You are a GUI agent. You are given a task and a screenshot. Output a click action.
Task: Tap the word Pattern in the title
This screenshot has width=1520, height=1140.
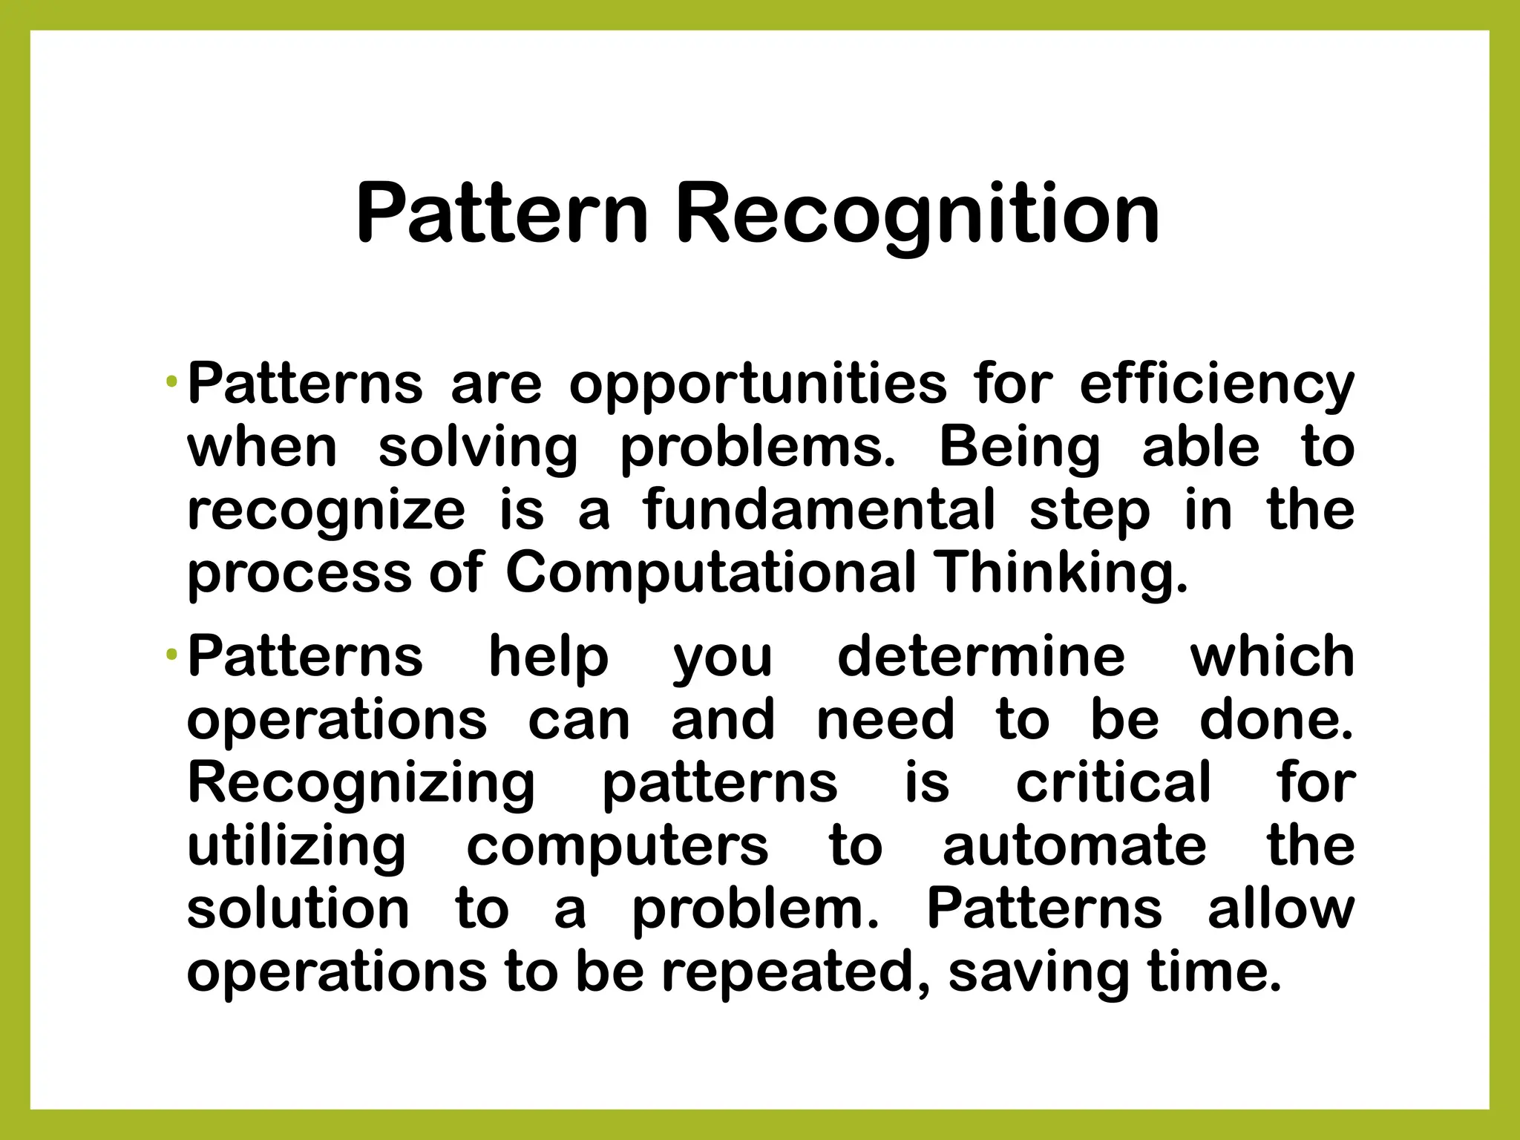point(502,215)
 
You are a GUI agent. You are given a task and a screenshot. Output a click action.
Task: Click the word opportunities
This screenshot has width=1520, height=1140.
point(758,386)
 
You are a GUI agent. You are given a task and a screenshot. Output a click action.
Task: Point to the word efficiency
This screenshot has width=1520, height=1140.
point(1216,386)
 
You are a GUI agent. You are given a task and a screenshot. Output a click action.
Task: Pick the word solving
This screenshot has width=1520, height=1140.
point(478,449)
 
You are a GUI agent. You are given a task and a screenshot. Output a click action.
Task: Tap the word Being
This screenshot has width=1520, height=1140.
point(1020,449)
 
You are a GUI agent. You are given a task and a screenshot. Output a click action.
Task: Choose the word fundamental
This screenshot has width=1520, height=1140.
point(819,511)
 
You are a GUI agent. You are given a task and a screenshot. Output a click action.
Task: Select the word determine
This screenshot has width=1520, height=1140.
point(981,658)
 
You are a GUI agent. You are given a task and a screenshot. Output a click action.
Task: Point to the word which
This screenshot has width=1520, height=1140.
point(1272,657)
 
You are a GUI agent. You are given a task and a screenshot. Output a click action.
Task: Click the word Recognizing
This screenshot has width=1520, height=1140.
point(361,784)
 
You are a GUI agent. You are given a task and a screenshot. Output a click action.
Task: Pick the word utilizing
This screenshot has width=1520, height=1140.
point(296,848)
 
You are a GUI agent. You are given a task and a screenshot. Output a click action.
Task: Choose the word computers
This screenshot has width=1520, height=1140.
point(617,848)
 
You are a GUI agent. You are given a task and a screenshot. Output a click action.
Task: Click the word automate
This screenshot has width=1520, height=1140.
point(1074,846)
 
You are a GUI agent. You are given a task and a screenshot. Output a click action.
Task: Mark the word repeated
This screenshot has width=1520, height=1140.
point(796,973)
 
